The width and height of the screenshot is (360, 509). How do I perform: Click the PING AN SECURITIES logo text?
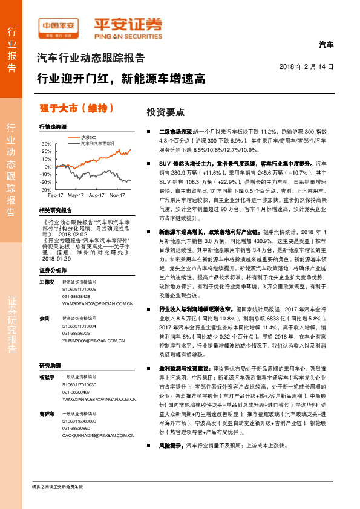[128, 34]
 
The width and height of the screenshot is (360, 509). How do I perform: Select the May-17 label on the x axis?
[76, 196]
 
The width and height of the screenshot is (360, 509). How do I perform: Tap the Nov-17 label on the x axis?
[117, 196]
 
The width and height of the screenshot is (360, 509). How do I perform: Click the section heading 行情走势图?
[52, 128]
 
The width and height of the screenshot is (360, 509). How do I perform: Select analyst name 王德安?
[47, 265]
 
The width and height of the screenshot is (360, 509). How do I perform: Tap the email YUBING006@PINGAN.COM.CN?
[88, 340]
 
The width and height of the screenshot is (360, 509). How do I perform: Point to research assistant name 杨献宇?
[47, 377]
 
